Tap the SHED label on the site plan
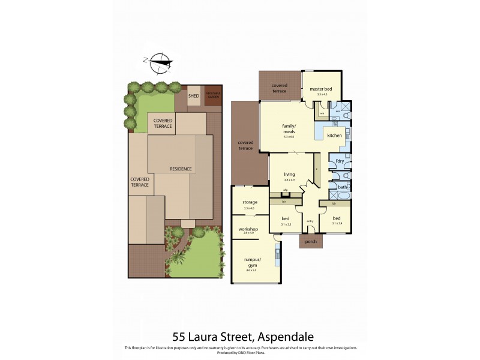pyautogui.click(x=194, y=95)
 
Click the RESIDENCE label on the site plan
pyautogui.click(x=181, y=169)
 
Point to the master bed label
pyautogui.click(x=321, y=89)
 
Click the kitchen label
pyautogui.click(x=334, y=136)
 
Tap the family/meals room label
pyautogui.click(x=290, y=129)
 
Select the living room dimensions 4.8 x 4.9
pyautogui.click(x=289, y=179)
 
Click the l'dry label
pyautogui.click(x=339, y=161)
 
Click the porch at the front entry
pyautogui.click(x=310, y=242)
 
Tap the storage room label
pyautogui.click(x=250, y=202)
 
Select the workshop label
pyautogui.click(x=249, y=229)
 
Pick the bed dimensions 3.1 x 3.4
pyautogui.click(x=337, y=224)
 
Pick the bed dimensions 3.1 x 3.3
pyautogui.click(x=286, y=224)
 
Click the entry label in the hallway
pyautogui.click(x=310, y=221)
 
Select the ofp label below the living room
pyautogui.click(x=286, y=190)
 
